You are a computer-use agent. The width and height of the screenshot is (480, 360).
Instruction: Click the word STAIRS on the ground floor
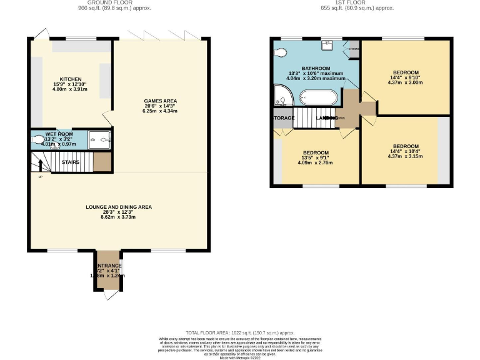pyautogui.click(x=70, y=162)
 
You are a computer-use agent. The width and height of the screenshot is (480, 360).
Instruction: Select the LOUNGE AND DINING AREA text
pyautogui.click(x=119, y=207)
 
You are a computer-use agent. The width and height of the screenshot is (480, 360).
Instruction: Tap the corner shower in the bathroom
pyautogui.click(x=282, y=97)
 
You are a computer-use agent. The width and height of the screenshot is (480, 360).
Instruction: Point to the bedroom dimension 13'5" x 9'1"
pyautogui.click(x=316, y=157)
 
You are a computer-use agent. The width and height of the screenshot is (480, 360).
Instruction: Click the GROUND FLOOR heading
pyautogui.click(x=114, y=3)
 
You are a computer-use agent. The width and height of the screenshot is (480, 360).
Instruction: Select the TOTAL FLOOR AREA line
pyautogui.click(x=239, y=334)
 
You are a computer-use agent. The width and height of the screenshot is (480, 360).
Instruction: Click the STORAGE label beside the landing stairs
pyautogui.click(x=282, y=117)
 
